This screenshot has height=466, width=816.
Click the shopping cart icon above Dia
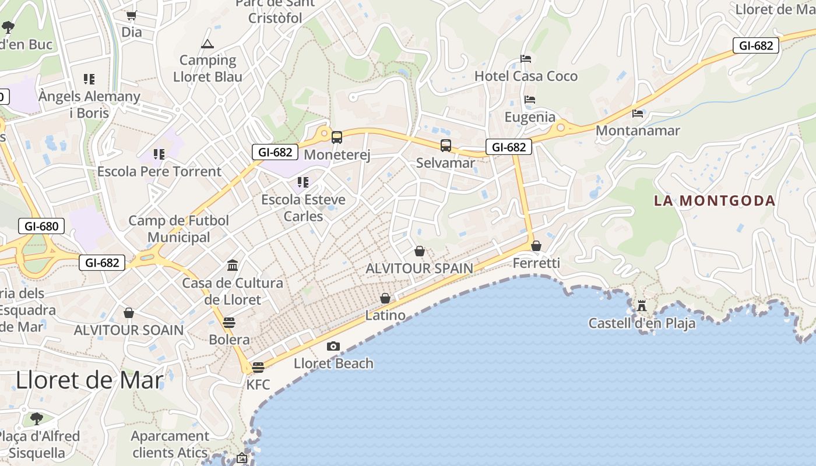coord(131,16)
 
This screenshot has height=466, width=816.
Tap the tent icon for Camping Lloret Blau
coord(207,44)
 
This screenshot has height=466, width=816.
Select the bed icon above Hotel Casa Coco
coord(526,59)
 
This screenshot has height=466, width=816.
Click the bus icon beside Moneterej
coord(337,137)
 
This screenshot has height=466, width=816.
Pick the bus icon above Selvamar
coord(446,146)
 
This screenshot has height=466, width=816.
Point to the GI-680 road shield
coord(41,226)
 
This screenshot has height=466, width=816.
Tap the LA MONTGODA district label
coord(715,201)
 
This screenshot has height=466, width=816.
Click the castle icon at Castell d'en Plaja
coord(642,305)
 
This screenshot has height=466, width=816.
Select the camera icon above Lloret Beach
coord(333,347)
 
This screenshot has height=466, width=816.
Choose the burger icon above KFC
coord(258,367)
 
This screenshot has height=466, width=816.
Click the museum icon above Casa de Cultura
coord(233,266)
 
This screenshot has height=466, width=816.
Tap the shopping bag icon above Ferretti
coord(536,246)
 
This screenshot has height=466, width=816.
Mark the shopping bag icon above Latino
coord(385,299)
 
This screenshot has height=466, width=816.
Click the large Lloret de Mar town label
coord(89,380)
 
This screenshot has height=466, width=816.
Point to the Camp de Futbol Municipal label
coord(179,229)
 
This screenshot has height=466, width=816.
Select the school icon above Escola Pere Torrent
coord(159,154)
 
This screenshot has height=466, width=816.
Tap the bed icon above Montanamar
coord(638,113)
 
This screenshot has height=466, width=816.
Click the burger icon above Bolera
coord(229,323)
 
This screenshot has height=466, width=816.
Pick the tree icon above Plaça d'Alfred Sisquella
coord(37,418)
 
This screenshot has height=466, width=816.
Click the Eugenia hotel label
coord(530,117)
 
